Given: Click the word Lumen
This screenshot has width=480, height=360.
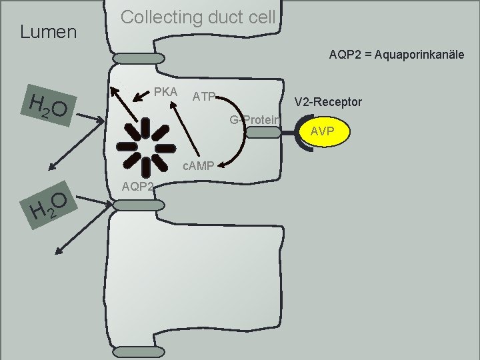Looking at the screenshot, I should pos(49,31).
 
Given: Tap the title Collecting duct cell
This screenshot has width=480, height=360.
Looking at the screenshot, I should pos(197,17).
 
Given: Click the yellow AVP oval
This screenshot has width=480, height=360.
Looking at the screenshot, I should pos(322,131).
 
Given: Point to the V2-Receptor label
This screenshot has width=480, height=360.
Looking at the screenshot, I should pos(329,102).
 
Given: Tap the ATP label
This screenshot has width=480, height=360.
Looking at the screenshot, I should pos(203,97).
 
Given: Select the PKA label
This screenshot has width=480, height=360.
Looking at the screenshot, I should pos(165,91).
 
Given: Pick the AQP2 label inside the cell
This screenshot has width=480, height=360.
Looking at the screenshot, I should pos(137,187).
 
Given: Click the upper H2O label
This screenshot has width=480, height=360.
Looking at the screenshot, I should pos(46,108).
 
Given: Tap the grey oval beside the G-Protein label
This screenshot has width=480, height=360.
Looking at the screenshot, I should pos(264,132).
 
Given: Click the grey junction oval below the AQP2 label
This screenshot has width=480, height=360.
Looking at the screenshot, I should pos(133,206).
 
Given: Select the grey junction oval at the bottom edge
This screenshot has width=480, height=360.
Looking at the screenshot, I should pos(133,351).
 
